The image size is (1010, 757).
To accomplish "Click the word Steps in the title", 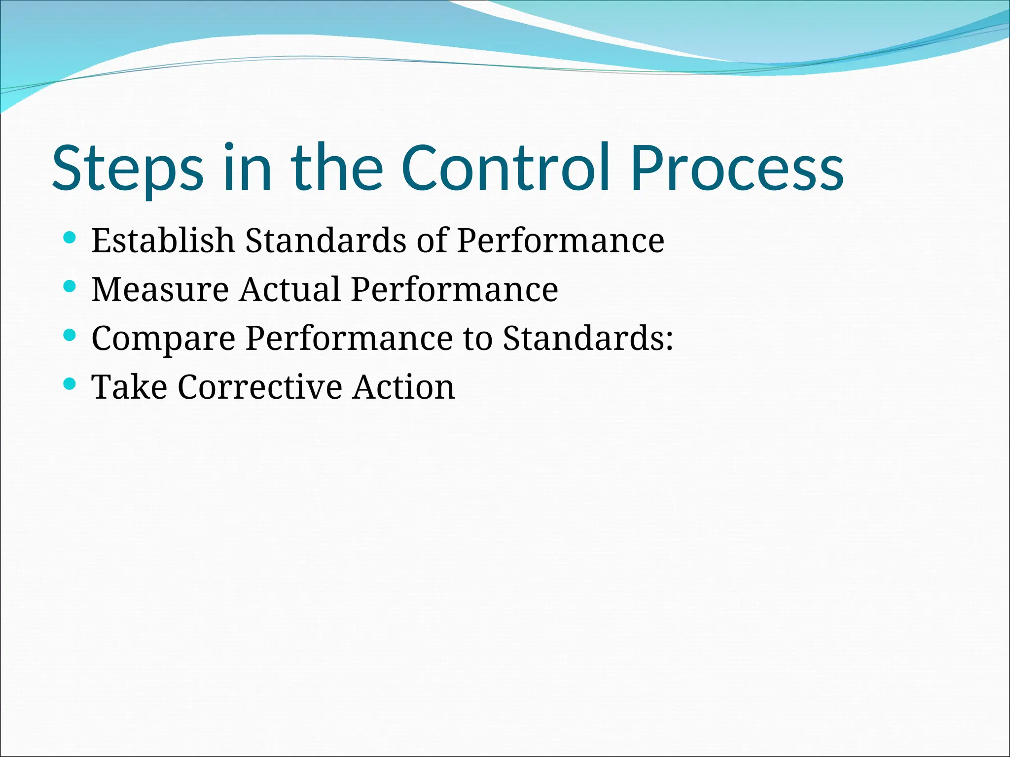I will coord(127,168).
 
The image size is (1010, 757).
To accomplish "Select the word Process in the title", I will coord(737,168).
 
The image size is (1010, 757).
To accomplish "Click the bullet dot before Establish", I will coord(70,238).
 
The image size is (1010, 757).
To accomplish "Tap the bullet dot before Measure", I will coord(70,286).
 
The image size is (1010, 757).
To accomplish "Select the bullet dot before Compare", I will coord(70,335).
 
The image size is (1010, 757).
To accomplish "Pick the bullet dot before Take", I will coord(70,384).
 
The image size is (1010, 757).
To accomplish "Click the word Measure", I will coord(160,290).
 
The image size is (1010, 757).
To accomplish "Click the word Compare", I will coord(163,340).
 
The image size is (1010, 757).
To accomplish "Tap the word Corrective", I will coord(260,387).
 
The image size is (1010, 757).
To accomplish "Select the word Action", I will coord(403,387).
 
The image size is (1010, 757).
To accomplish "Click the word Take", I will coord(129,387).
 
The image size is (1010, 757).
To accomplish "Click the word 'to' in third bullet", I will coord(477,339).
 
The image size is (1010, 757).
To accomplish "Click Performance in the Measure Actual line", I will coord(454,290).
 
